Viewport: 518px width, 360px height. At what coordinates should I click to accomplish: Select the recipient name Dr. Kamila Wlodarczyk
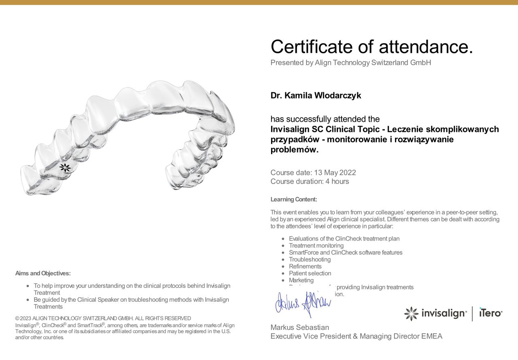coord(316,96)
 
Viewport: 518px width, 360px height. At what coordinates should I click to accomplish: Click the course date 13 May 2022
coord(335,173)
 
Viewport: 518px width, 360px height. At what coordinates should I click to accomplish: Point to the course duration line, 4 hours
coord(310,182)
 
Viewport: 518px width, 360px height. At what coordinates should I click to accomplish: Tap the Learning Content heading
coord(294,199)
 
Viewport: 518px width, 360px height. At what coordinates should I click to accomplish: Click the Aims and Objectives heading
coord(43,273)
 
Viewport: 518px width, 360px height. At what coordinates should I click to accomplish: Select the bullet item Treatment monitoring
coord(316,246)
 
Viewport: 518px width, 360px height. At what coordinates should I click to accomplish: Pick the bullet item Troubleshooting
coord(310,259)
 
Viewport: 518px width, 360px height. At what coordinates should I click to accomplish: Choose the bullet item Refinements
coord(305,266)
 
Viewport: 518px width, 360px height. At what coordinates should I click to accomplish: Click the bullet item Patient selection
coord(310,273)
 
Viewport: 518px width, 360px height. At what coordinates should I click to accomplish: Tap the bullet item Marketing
coord(301,280)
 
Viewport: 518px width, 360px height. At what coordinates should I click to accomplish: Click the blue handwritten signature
coord(303,304)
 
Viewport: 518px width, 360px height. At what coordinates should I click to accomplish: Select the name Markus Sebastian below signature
coord(299,327)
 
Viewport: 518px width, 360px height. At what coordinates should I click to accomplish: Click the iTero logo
coord(490,313)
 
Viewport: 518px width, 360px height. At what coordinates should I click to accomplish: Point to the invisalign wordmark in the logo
coord(444,313)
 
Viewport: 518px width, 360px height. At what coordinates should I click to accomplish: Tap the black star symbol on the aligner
coord(65,167)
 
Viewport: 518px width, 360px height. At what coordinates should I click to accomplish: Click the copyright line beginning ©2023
coord(103,318)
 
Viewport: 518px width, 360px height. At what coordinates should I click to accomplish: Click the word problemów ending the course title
coord(294,150)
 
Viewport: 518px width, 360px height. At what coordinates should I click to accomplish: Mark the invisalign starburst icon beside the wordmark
coord(411,313)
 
